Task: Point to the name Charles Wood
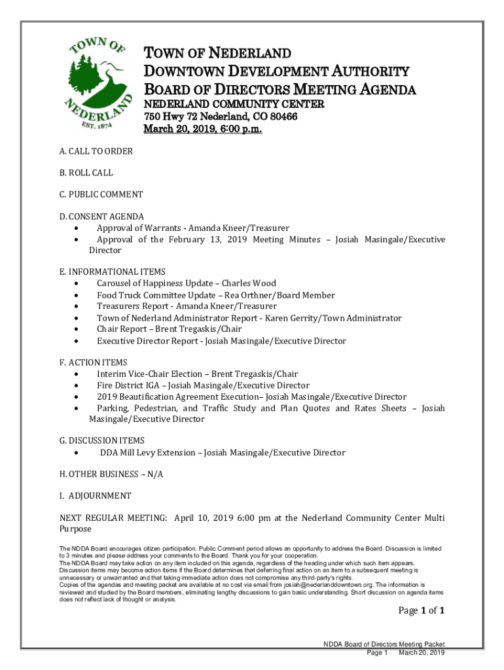coord(249,283)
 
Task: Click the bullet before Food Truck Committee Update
coord(79,296)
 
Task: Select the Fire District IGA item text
coord(128,385)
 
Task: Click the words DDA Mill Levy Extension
coord(147,452)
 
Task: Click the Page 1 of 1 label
coord(422,611)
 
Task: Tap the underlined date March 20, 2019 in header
coord(202,129)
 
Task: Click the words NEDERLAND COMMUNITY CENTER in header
coord(234,104)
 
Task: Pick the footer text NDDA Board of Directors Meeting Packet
coord(384,644)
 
